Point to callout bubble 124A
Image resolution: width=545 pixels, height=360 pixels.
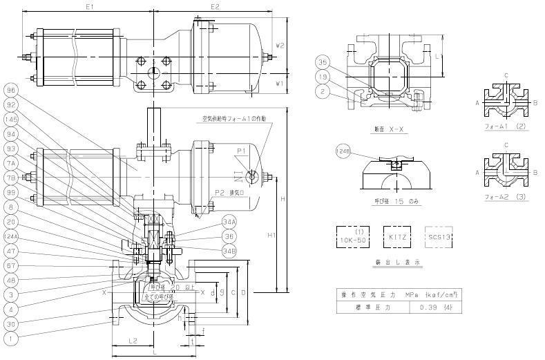tap(10, 236)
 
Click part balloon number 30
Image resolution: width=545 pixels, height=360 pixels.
tap(10, 323)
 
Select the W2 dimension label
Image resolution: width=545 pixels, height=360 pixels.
tap(280, 45)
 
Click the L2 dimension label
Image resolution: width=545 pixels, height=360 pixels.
tap(134, 341)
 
